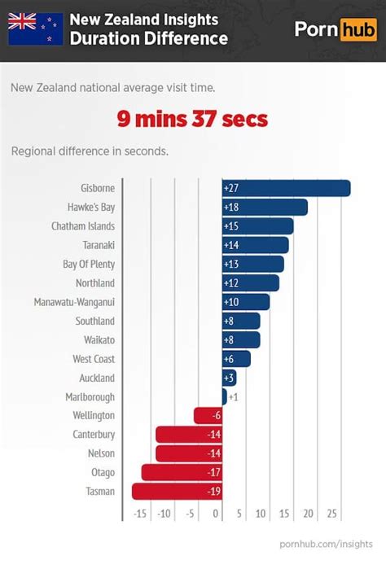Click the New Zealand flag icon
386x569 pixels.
click(x=36, y=28)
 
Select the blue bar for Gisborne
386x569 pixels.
click(x=286, y=188)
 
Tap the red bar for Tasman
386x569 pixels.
click(x=177, y=491)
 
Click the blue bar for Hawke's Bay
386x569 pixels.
click(x=265, y=207)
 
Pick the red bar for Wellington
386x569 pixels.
click(x=208, y=415)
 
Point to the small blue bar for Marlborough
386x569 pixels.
click(x=224, y=396)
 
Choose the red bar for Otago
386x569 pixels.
click(x=181, y=472)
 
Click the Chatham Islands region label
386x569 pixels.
click(x=82, y=226)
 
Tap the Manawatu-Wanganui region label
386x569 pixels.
click(x=74, y=302)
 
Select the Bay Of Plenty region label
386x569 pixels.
click(x=89, y=264)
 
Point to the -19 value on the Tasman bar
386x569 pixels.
click(x=214, y=491)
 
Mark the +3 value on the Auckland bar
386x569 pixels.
click(x=230, y=378)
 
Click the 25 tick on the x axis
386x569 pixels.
click(x=331, y=514)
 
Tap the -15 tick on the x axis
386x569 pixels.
click(x=140, y=514)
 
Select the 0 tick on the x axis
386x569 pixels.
click(x=217, y=514)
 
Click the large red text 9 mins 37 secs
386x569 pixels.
click(x=192, y=120)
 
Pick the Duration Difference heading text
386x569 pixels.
click(x=148, y=38)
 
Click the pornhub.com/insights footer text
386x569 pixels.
click(x=326, y=542)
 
